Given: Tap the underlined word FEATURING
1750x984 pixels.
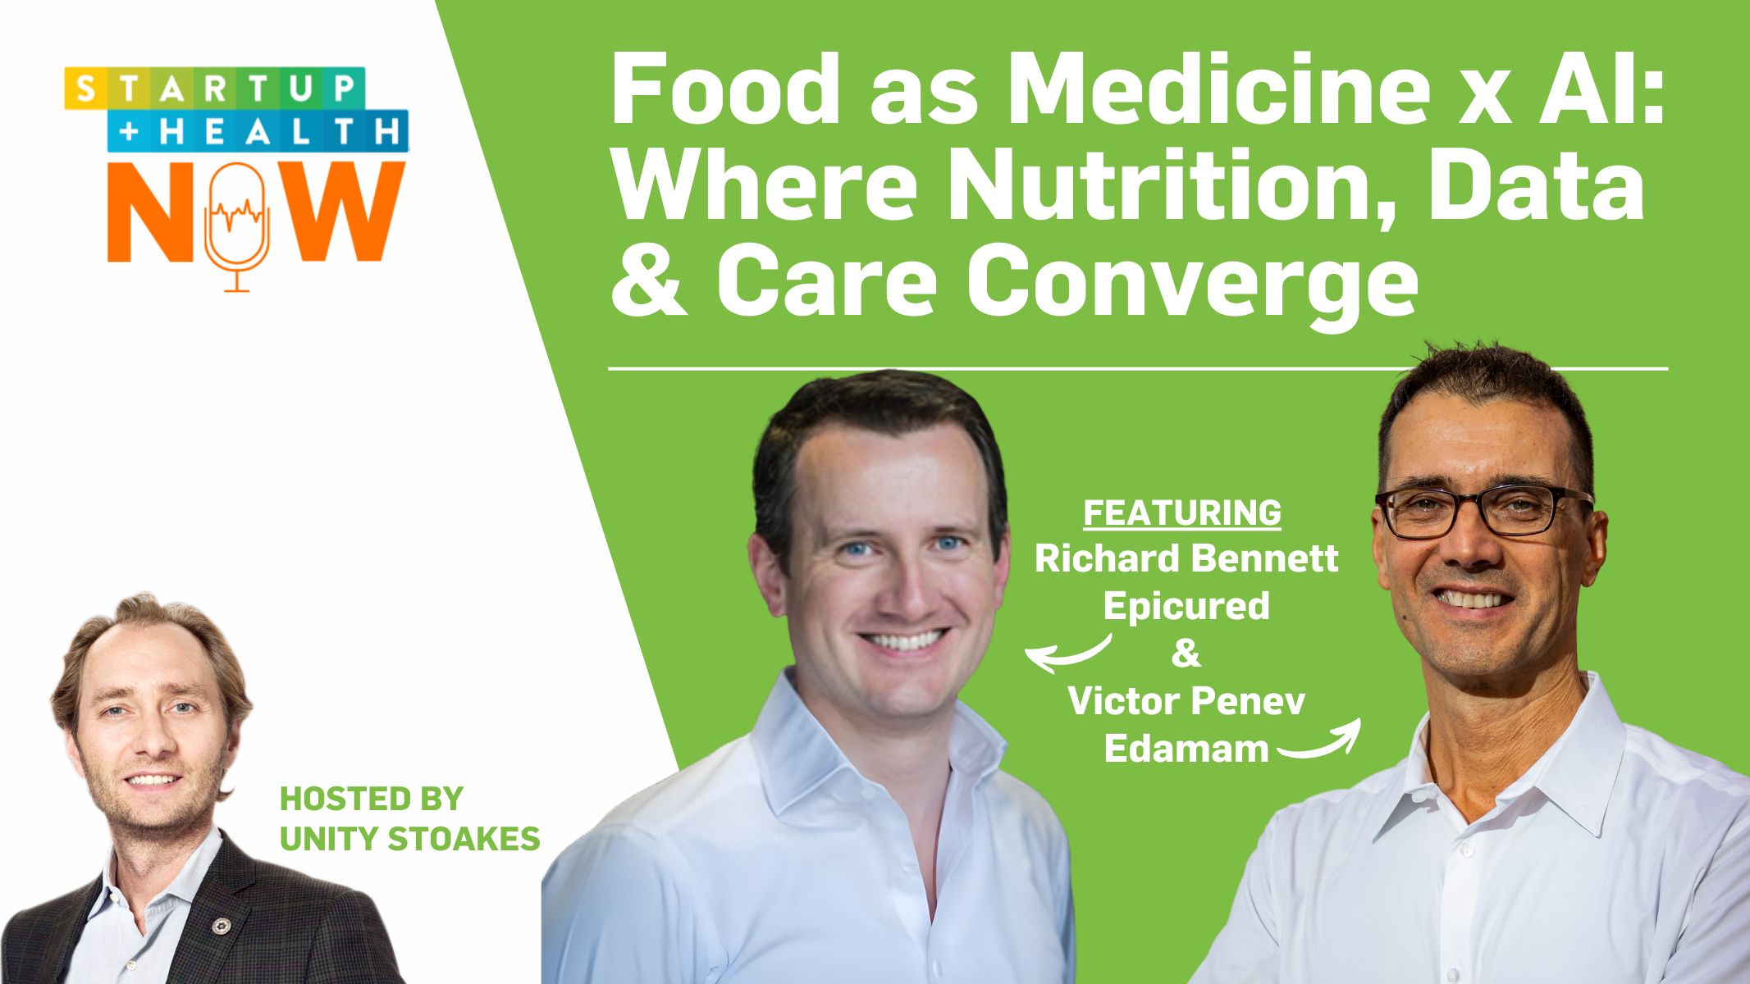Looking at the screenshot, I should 1182,513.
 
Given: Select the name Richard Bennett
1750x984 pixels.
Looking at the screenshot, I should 1186,559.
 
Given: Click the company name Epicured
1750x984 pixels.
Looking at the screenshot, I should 1186,606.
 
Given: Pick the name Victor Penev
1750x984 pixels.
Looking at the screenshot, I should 1186,701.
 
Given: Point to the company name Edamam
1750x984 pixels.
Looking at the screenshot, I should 1186,749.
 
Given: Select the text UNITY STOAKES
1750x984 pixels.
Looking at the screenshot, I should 410,838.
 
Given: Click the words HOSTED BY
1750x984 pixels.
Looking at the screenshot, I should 372,798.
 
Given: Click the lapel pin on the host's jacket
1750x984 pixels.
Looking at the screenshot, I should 219,926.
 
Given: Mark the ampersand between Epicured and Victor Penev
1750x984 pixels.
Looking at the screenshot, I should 1186,654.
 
